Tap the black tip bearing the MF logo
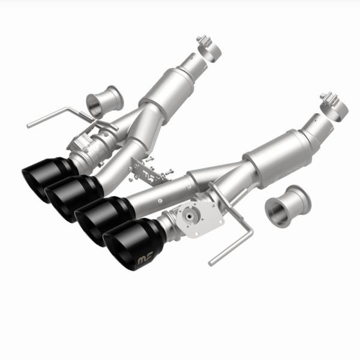coord(132,244)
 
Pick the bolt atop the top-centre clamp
coord(200,39)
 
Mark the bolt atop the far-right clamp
coord(326,96)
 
